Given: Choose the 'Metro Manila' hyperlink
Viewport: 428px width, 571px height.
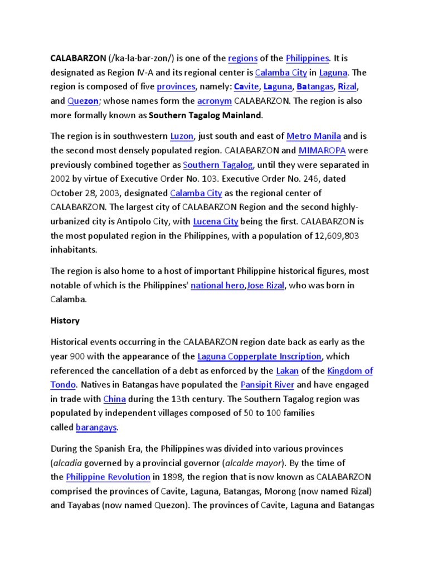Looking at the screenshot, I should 313,136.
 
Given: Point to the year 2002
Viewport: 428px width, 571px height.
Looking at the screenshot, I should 61,180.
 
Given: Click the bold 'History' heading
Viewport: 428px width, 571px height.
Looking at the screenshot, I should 65,321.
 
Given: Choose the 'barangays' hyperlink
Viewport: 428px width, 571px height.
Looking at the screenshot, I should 96,428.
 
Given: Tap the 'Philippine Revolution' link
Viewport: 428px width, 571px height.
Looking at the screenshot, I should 108,477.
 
